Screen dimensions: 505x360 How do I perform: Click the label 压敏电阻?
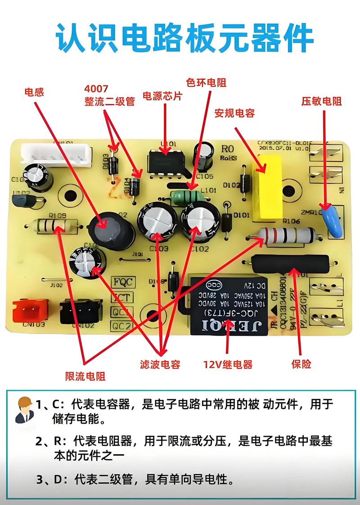321,101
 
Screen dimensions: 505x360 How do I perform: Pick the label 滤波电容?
160,364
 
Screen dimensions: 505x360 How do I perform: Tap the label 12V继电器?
228,364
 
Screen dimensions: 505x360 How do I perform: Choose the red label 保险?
301,364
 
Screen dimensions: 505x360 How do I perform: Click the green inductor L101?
185,197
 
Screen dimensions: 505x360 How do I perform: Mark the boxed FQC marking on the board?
122,282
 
